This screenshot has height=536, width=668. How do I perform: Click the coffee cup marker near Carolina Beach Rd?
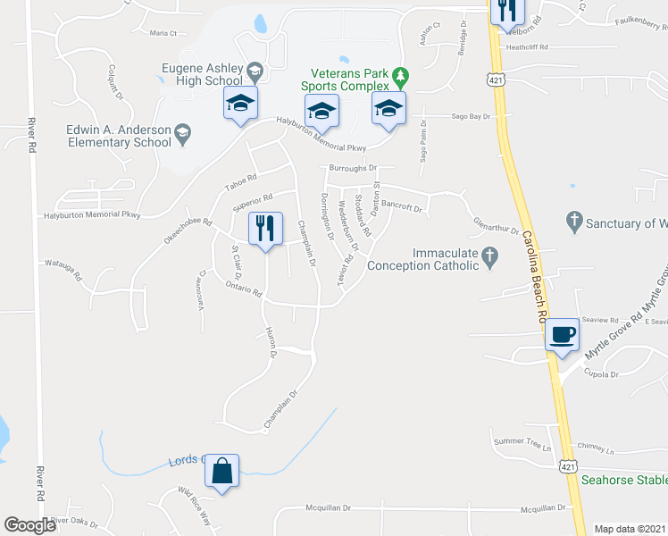pyautogui.click(x=562, y=335)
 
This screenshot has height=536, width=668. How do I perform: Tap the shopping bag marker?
pyautogui.click(x=221, y=470)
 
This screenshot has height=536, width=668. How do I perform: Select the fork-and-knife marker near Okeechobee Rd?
pyautogui.click(x=265, y=230)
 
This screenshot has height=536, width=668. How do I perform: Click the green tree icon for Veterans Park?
pyautogui.click(x=402, y=74)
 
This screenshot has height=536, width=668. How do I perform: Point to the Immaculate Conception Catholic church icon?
pyautogui.click(x=488, y=257)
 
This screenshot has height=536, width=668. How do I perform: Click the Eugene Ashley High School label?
pyautogui.click(x=202, y=73)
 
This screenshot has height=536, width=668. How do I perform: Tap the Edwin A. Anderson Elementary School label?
pyautogui.click(x=119, y=135)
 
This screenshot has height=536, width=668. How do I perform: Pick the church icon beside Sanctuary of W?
pyautogui.click(x=573, y=219)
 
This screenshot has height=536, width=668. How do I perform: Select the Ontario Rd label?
pyautogui.click(x=243, y=288)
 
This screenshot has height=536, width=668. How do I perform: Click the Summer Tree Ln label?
pyautogui.click(x=523, y=440)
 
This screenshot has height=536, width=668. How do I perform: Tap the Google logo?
pyautogui.click(x=29, y=525)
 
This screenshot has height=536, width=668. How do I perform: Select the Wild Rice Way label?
pyautogui.click(x=194, y=502)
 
